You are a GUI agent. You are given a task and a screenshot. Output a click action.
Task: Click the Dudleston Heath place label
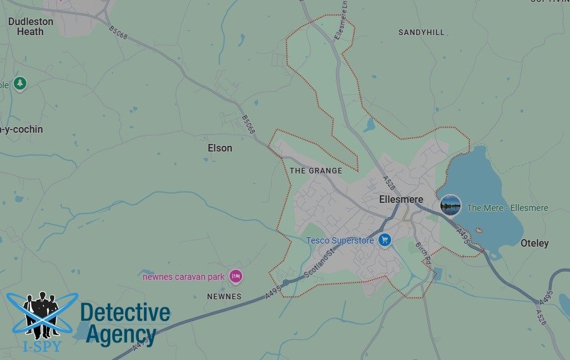coord(31,26)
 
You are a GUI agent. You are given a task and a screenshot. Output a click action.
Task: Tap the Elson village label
coord(220,148)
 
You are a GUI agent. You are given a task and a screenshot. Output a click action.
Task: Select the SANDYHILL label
coord(421,32)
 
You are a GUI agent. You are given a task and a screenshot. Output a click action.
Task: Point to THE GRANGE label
coord(316,170)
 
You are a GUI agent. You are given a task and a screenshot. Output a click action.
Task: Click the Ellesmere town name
coord(401,199)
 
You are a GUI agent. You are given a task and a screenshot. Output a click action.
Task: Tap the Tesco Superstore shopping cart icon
coord(385,240)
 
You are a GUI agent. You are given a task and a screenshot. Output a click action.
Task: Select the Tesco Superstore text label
coord(340,240)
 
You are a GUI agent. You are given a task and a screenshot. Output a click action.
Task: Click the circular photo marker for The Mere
coord(450,205)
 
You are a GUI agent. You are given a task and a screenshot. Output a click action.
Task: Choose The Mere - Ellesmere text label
coord(507,208)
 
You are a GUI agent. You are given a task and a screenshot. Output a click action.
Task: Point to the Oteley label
coord(534,243)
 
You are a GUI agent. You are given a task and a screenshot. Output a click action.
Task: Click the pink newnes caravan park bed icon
coord(235,275)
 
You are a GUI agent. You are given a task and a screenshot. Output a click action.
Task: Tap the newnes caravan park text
coord(183,276)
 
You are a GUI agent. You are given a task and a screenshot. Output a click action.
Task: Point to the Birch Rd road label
coord(424,252)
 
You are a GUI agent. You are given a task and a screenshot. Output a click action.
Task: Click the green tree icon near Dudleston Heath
coord(20,83)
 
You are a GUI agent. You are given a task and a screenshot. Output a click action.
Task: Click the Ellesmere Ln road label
coord(342,25)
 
